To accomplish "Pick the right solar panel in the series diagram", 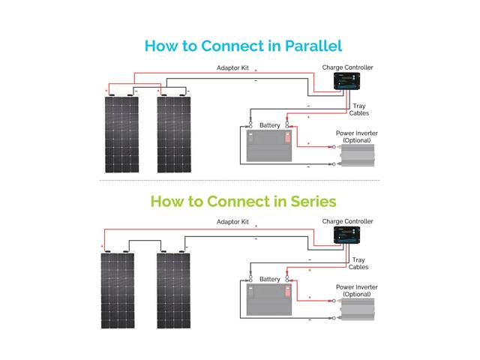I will [175, 289].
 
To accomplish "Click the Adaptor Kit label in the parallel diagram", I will [232, 68].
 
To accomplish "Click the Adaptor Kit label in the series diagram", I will [232, 222].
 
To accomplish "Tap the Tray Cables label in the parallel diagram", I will [359, 109].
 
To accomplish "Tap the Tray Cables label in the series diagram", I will [358, 263].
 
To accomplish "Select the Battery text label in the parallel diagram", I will [269, 124].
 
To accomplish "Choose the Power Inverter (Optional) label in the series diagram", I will [356, 290].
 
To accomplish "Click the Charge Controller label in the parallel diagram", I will [347, 67].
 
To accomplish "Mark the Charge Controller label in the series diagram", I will [347, 221].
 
